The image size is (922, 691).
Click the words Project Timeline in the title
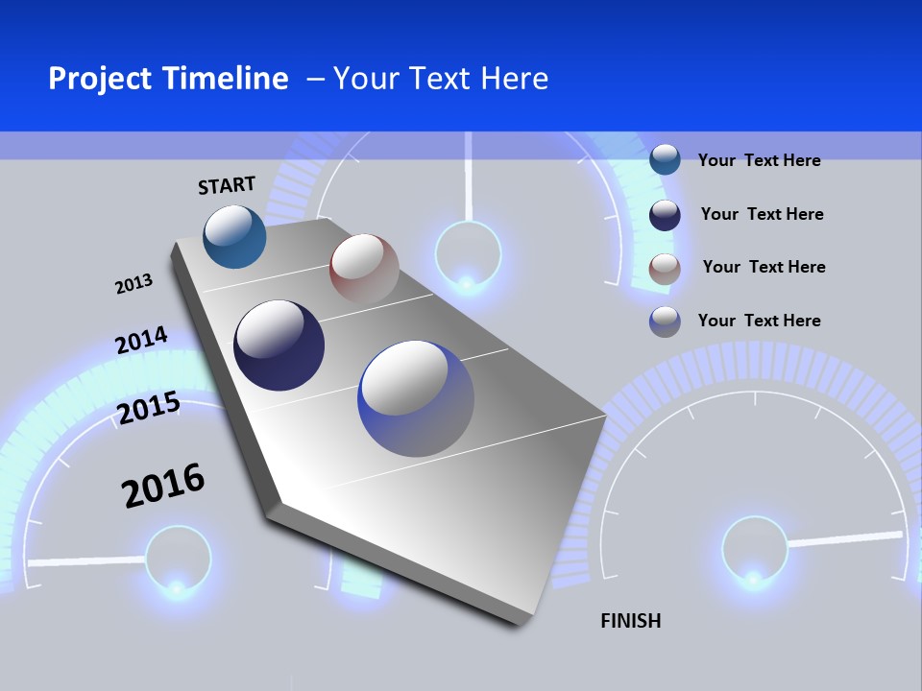tap(168, 79)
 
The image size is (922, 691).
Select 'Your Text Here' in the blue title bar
tap(441, 79)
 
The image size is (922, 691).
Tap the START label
tap(227, 185)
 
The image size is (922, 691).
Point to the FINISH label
tap(630, 621)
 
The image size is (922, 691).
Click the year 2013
tap(133, 284)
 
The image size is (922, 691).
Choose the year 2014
tap(141, 340)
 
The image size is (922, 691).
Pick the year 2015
tap(148, 408)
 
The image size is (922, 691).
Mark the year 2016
tap(163, 486)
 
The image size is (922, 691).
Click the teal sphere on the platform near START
tap(234, 236)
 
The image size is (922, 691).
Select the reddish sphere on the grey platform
tap(364, 269)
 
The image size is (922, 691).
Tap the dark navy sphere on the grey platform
tap(279, 345)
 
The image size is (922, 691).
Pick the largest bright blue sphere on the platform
tap(416, 398)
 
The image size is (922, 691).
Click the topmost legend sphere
tap(665, 159)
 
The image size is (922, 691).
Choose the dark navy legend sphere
tap(665, 215)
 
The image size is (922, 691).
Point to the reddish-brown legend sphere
tap(665, 269)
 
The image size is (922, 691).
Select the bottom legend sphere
tap(665, 322)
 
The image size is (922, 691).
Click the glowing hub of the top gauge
tap(468, 255)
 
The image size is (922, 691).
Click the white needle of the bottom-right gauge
tap(845, 539)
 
